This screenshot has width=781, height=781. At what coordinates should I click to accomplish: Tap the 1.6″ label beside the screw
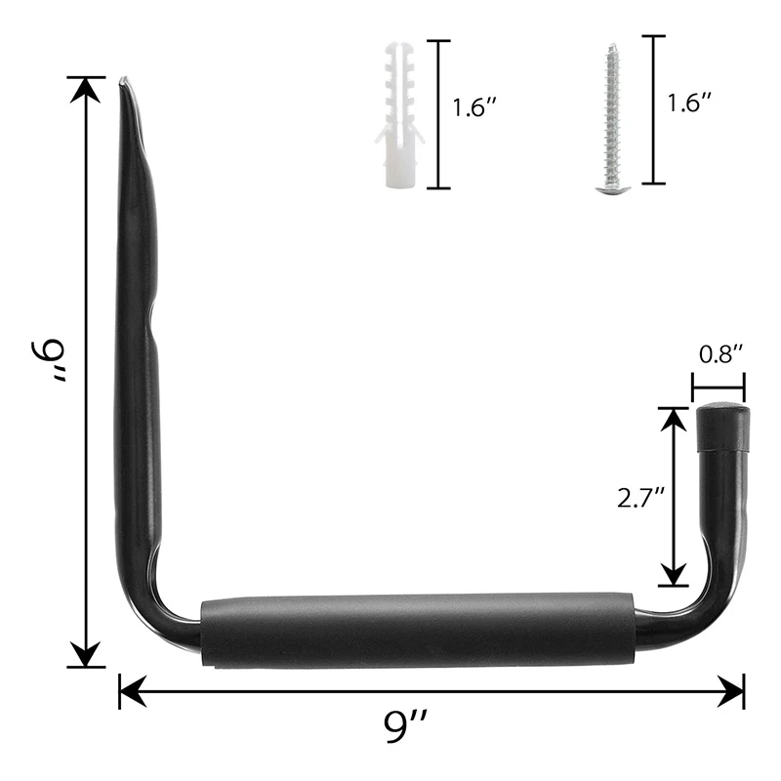[x=687, y=102]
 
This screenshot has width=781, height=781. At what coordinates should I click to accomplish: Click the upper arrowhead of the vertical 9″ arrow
[x=87, y=90]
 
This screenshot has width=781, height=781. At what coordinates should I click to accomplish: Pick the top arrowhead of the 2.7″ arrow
[x=673, y=419]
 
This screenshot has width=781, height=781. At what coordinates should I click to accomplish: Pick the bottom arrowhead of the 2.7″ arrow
[x=673, y=575]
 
